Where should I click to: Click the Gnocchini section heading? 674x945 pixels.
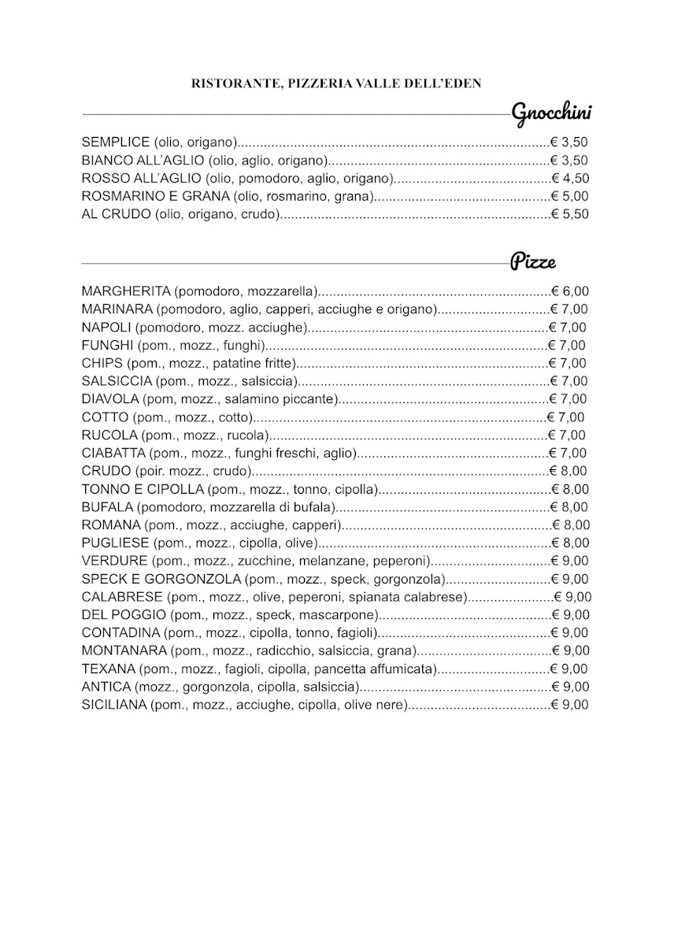click(x=551, y=113)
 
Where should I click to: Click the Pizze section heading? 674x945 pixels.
click(x=533, y=261)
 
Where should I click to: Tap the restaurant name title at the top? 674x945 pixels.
click(x=336, y=82)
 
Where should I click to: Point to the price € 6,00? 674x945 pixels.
click(x=569, y=291)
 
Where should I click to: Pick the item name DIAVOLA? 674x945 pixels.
click(x=109, y=399)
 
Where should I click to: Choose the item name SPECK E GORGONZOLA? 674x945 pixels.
click(x=161, y=579)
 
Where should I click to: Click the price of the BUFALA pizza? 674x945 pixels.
click(x=569, y=507)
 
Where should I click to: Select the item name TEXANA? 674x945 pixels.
click(x=109, y=669)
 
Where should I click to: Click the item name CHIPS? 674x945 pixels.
click(x=102, y=364)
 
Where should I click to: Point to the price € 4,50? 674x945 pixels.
click(x=570, y=178)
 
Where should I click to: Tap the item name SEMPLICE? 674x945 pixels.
click(x=116, y=143)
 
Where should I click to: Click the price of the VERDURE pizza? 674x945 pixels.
click(x=569, y=561)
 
